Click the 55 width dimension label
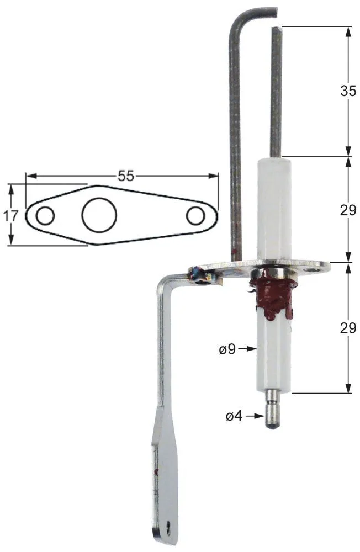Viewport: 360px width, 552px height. pos(126,176)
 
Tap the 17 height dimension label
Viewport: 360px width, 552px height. pos(11,215)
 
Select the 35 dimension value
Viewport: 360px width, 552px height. pos(348,92)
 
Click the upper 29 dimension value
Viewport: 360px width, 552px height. pos(348,210)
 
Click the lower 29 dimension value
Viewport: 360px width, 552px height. pos(348,328)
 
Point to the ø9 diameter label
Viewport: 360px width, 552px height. pos(227,349)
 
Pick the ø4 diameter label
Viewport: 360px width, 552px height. pos(234,416)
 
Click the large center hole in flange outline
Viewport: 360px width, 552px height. pos(99,215)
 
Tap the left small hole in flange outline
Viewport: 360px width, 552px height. pos(45,215)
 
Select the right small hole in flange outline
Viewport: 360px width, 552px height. pos(195,215)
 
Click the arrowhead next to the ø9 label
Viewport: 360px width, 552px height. pos(253,349)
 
